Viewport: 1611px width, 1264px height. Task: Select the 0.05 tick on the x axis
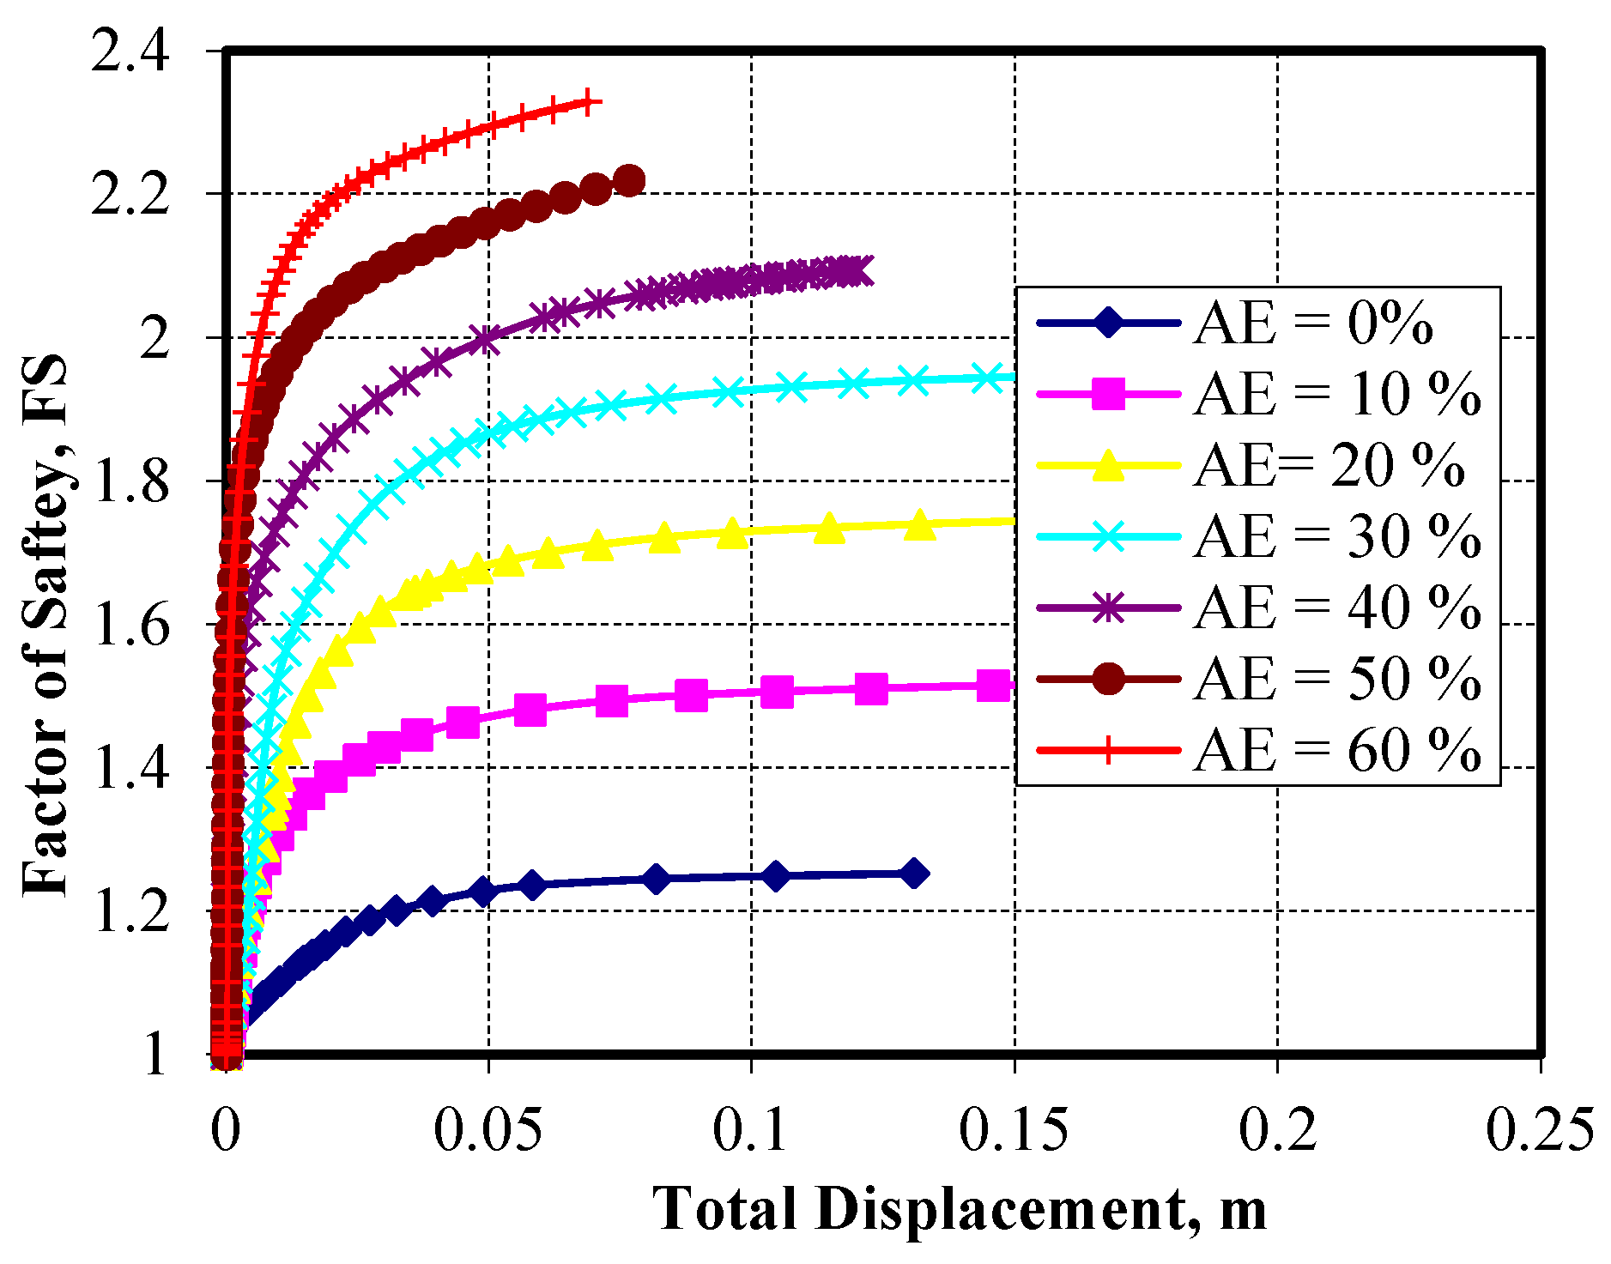pyautogui.click(x=488, y=1130)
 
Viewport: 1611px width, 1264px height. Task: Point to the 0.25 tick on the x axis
pyautogui.click(x=1540, y=1130)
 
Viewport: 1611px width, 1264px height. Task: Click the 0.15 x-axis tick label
pyautogui.click(x=1014, y=1130)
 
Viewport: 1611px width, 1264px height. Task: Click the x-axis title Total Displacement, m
pyautogui.click(x=960, y=1208)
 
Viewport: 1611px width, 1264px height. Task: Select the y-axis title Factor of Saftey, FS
pyautogui.click(x=45, y=625)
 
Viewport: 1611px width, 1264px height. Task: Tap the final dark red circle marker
pyautogui.click(x=630, y=181)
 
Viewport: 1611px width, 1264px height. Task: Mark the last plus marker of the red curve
pyautogui.click(x=588, y=102)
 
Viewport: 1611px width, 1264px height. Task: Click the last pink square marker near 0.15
pyautogui.click(x=994, y=686)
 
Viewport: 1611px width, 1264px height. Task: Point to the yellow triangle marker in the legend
pyautogui.click(x=1108, y=466)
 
